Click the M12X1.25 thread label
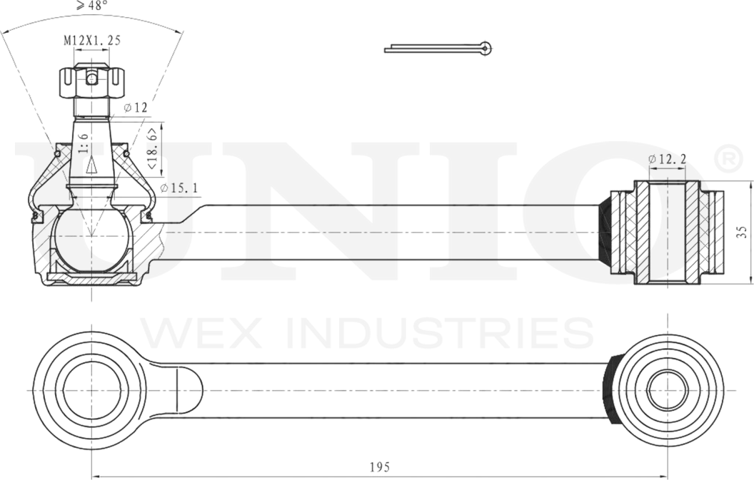tap(91, 41)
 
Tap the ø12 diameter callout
tap(135, 108)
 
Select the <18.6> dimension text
tap(151, 149)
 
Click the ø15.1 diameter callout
tap(179, 188)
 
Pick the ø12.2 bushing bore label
tap(667, 159)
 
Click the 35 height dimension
tap(743, 231)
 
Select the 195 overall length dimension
tap(379, 467)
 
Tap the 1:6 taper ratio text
tap(84, 143)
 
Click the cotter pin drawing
tap(438, 48)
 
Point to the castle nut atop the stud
tap(91, 82)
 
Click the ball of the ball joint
tap(90, 239)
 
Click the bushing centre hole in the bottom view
tap(667, 391)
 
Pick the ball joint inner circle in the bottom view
tap(90, 389)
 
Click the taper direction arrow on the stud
tap(91, 165)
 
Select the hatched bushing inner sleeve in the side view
tap(667, 231)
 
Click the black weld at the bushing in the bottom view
tap(610, 390)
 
